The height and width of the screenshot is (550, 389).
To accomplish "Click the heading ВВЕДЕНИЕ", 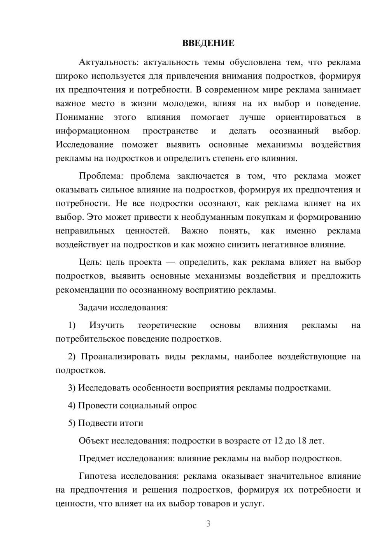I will [208, 43].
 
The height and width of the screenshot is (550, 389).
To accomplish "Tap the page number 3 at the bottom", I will [208, 524].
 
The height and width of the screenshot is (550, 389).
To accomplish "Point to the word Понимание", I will [79, 117].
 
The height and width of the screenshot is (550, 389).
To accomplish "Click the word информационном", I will [93, 131].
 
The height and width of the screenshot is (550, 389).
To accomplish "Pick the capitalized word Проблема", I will [101, 176].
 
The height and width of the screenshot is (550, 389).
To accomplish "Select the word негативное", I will [275, 245].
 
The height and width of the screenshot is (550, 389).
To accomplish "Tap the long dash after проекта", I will [170, 263].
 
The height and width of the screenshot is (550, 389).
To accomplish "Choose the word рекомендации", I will [80, 290].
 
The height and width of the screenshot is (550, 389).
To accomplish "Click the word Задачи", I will [93, 307].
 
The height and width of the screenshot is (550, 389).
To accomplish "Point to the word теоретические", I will [167, 325].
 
